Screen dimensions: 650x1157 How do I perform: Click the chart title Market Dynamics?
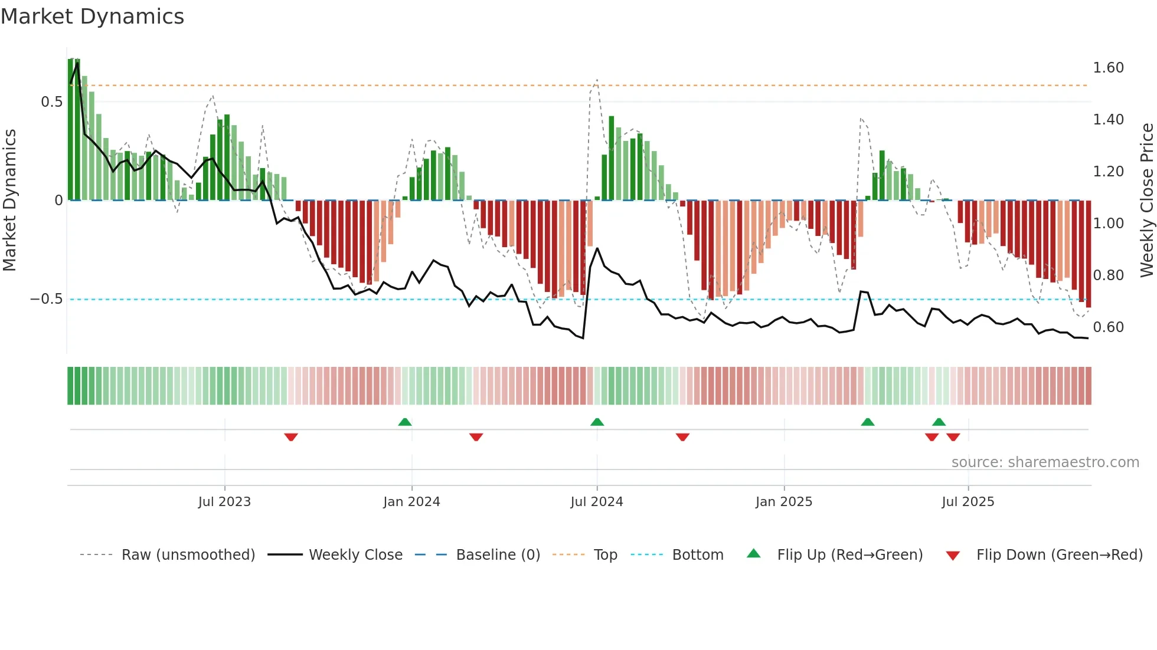pyautogui.click(x=93, y=17)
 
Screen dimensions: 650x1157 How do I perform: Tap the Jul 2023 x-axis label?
pyautogui.click(x=224, y=502)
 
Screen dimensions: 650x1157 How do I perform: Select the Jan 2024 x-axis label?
pyautogui.click(x=411, y=502)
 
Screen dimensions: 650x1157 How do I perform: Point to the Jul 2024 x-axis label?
pyautogui.click(x=597, y=502)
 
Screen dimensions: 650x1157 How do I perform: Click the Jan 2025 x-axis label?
pyautogui.click(x=784, y=502)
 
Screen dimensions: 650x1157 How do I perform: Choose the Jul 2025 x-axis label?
pyautogui.click(x=968, y=502)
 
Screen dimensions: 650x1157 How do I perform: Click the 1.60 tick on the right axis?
pyautogui.click(x=1108, y=68)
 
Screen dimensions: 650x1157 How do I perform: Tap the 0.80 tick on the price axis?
pyautogui.click(x=1108, y=275)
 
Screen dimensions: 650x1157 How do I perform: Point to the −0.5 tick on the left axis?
pyautogui.click(x=47, y=299)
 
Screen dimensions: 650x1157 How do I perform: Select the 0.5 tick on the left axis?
pyautogui.click(x=51, y=102)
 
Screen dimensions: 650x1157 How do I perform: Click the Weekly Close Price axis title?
pyautogui.click(x=1146, y=201)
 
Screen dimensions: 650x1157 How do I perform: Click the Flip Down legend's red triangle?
pyautogui.click(x=953, y=556)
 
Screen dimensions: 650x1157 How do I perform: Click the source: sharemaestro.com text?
pyautogui.click(x=1045, y=462)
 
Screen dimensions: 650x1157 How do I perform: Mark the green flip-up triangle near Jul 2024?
pyautogui.click(x=597, y=422)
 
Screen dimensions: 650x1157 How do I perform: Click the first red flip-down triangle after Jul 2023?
pyautogui.click(x=291, y=437)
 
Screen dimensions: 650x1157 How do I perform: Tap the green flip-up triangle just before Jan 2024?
pyautogui.click(x=405, y=422)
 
